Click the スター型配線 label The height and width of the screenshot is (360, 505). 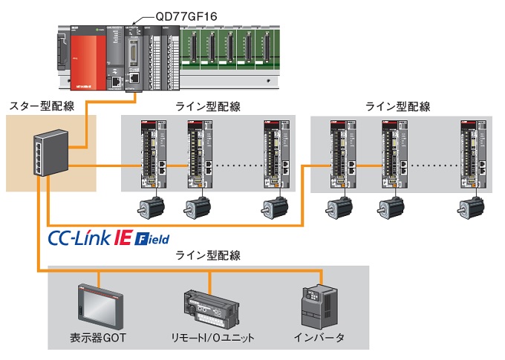(x=42, y=106)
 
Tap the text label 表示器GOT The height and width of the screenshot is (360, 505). (x=99, y=338)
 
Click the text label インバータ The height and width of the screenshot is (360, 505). (x=320, y=338)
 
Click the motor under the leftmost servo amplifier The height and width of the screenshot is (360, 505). (x=151, y=206)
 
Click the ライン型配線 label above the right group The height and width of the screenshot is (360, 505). (x=398, y=106)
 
